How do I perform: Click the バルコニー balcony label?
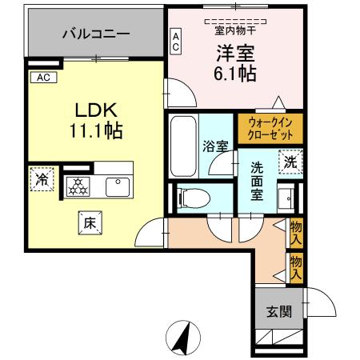pyautogui.click(x=95, y=35)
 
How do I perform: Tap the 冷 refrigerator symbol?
pyautogui.click(x=40, y=179)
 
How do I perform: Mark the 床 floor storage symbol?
pyautogui.click(x=89, y=225)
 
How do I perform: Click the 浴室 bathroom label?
pyautogui.click(x=214, y=147)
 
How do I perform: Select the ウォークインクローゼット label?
pyautogui.click(x=270, y=129)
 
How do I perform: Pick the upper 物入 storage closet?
pyautogui.click(x=295, y=234)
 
